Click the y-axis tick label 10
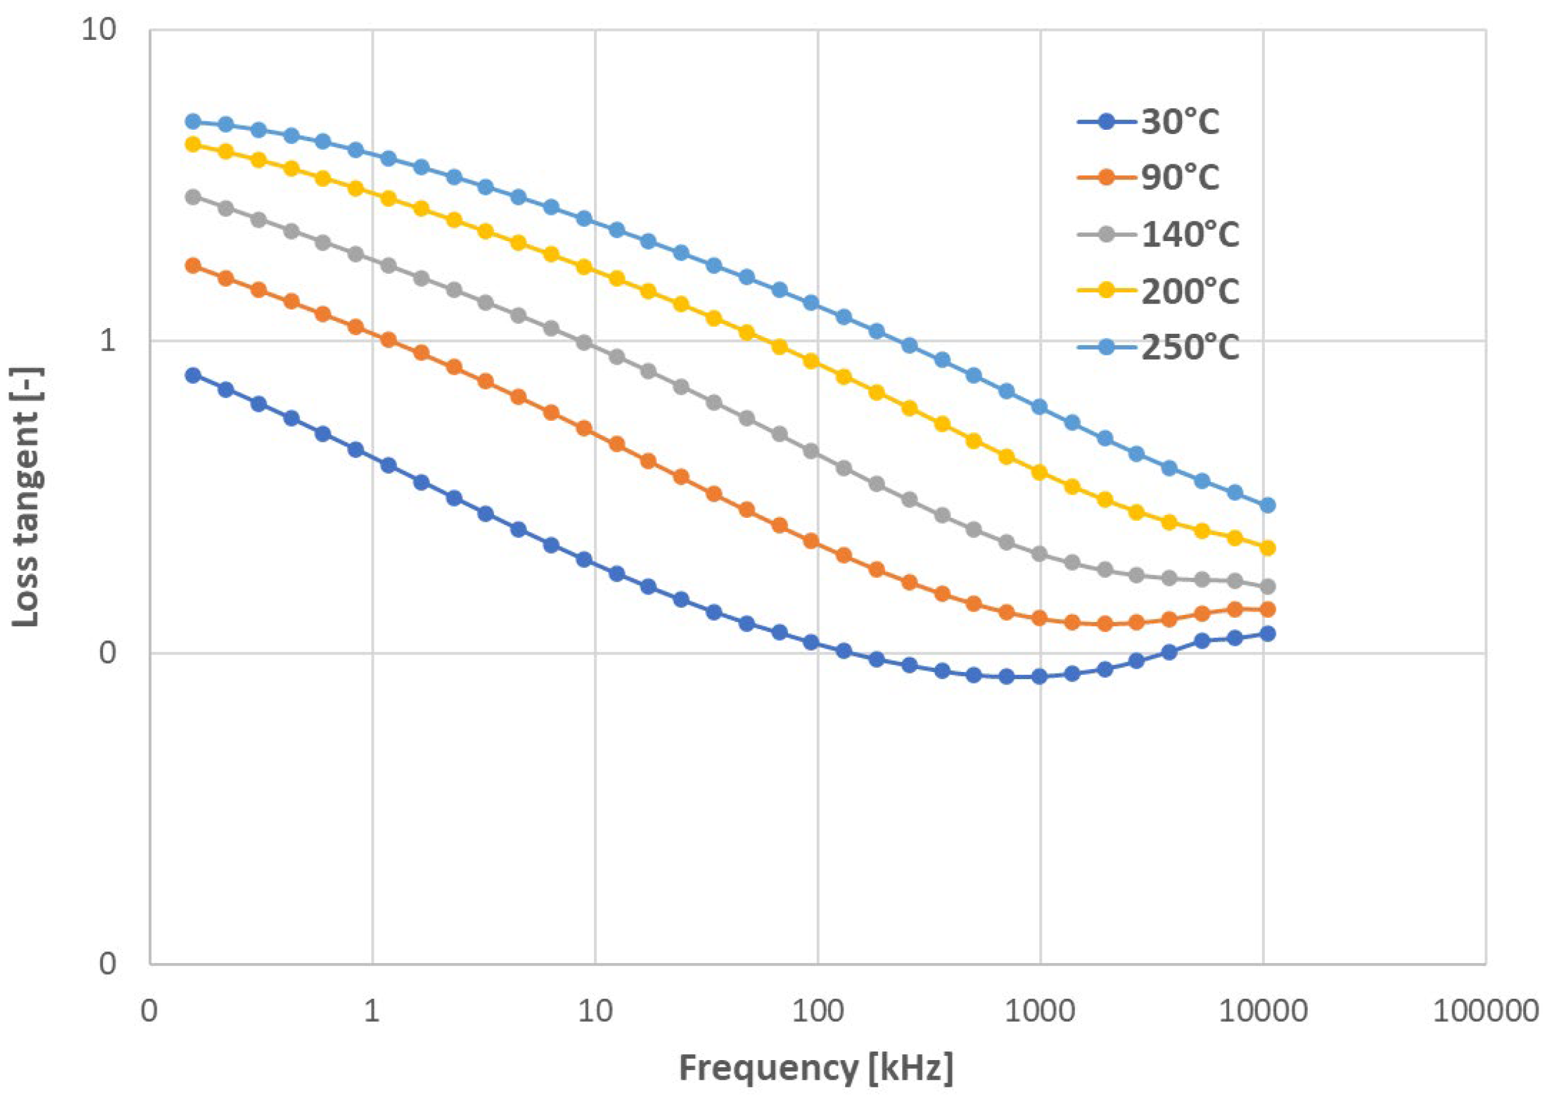pyautogui.click(x=99, y=30)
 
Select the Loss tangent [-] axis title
pyautogui.click(x=27, y=496)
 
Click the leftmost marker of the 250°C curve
pyautogui.click(x=193, y=121)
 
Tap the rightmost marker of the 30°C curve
pyautogui.click(x=1268, y=633)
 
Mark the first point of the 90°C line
pyautogui.click(x=193, y=265)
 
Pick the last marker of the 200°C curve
pyautogui.click(x=1268, y=548)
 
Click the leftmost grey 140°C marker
pyautogui.click(x=193, y=197)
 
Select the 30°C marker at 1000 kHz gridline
pyautogui.click(x=1039, y=676)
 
